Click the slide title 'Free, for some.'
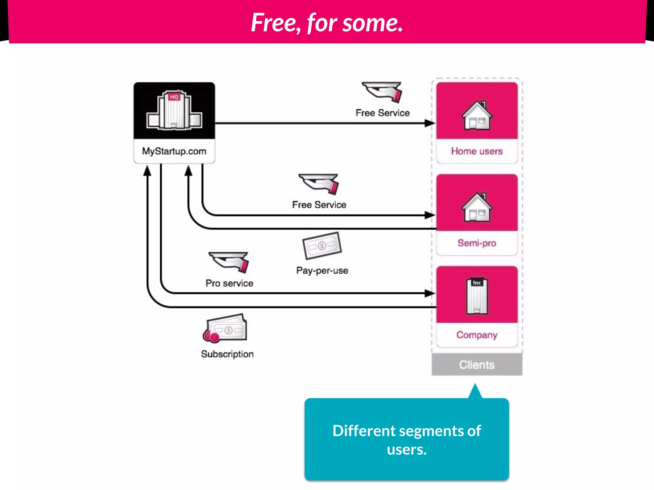(327, 23)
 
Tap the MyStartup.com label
(174, 151)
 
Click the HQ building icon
(174, 110)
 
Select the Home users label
(476, 151)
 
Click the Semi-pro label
(476, 243)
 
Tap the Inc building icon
(477, 296)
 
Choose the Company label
(476, 335)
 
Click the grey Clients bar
(476, 365)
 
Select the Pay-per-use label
(322, 271)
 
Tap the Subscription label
(227, 354)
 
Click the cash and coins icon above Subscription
(225, 328)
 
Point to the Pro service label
(229, 283)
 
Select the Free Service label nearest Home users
(382, 113)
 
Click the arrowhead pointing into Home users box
(430, 123)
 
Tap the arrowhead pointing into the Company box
(430, 293)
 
